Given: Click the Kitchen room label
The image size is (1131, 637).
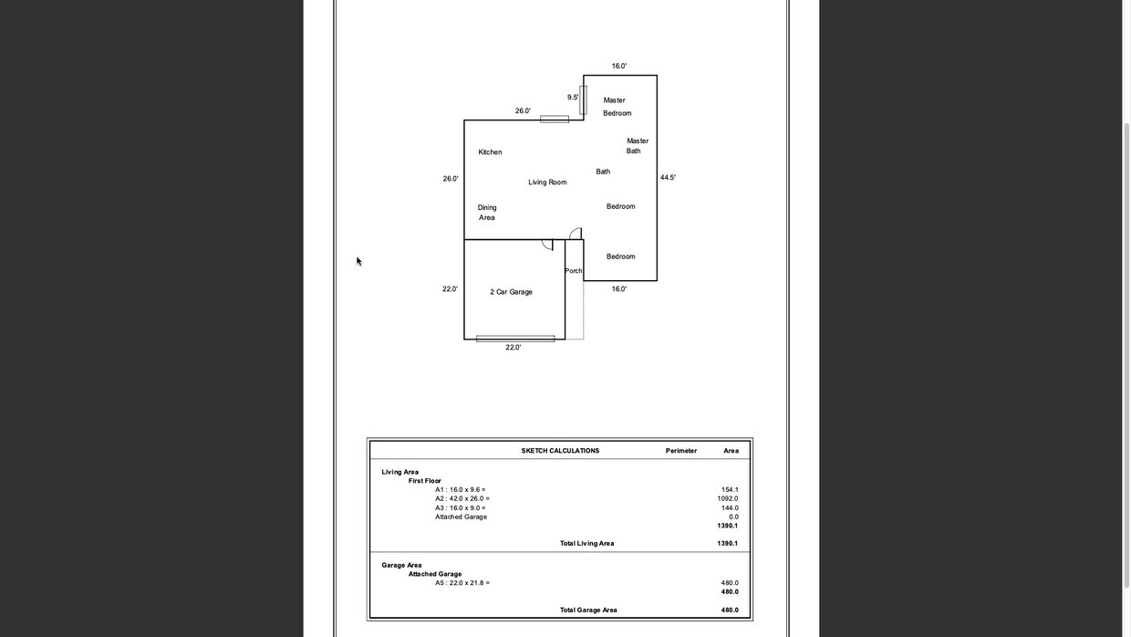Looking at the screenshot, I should point(490,152).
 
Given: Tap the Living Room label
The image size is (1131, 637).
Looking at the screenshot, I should point(547,183).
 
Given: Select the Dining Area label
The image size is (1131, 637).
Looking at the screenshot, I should point(487,213).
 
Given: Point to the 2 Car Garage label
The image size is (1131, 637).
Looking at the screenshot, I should point(511,292).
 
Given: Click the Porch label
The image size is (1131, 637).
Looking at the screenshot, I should point(573,271).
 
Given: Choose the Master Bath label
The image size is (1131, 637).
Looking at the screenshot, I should point(637,146).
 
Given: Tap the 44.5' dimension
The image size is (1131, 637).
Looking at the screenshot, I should point(668,178).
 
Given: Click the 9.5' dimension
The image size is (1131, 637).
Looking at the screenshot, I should point(573,98).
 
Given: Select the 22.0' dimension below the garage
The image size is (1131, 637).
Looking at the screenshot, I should point(514,348).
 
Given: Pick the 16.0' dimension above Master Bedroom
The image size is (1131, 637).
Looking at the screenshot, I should point(619,67).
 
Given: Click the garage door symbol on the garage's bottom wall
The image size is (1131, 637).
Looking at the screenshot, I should point(515,339).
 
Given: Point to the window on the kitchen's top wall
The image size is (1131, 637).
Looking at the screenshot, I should point(555,120).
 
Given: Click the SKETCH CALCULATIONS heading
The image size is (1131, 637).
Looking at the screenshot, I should point(560,451).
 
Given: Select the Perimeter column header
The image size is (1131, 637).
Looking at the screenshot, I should point(680,451).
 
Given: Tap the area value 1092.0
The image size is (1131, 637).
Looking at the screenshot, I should point(727,499).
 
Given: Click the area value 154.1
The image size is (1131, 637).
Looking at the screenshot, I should point(729,490).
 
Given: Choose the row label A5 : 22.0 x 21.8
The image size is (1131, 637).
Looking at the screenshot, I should point(462,583).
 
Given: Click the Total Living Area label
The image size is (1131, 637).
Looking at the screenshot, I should point(586,544).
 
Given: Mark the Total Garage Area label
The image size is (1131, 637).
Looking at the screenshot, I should point(588,611).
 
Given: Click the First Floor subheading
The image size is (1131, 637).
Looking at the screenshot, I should point(424,481).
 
